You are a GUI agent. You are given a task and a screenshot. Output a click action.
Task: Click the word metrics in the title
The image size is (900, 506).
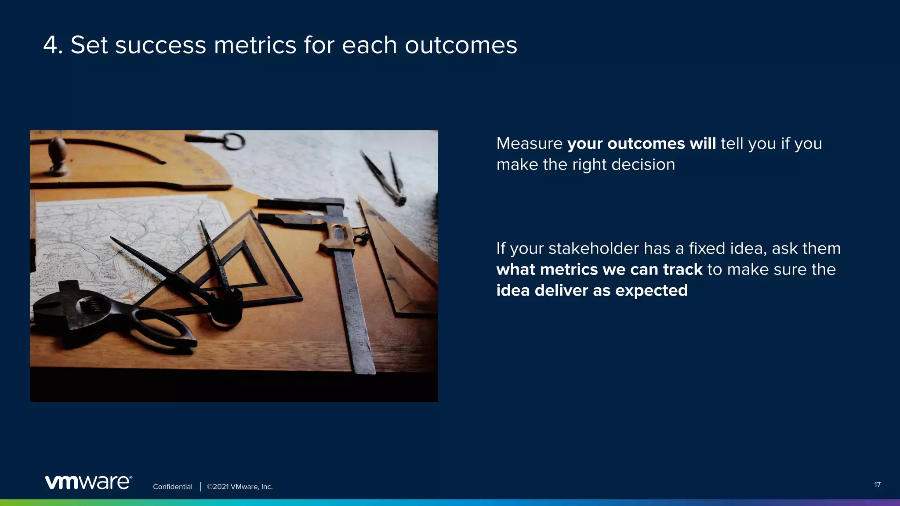point(255,45)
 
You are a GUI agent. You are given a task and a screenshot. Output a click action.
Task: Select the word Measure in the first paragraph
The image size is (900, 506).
point(529,144)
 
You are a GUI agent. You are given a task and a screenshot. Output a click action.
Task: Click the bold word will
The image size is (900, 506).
point(702,144)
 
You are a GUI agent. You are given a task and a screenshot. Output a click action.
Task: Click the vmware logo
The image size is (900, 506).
point(88,482)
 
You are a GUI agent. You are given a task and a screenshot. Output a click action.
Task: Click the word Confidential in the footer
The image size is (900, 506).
point(172,487)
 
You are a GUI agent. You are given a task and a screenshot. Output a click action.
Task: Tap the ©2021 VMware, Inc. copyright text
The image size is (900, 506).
point(240,487)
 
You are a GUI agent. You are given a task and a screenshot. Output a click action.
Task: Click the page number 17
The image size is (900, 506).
point(877,485)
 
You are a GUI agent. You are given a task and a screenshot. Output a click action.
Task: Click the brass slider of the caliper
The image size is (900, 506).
point(338,239)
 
